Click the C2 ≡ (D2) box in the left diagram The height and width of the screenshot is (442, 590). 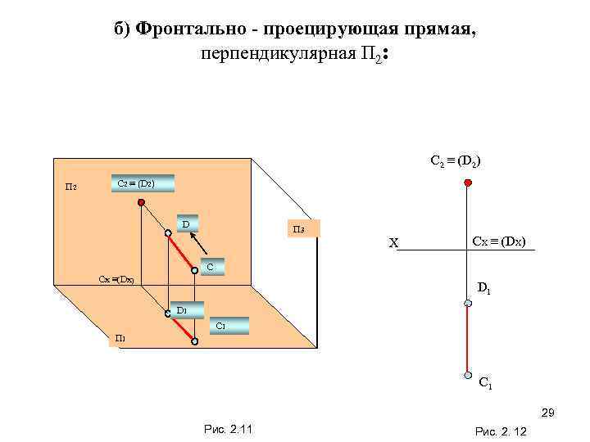(142, 183)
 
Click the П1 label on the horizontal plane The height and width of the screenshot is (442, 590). (120, 339)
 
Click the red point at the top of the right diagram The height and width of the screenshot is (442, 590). (467, 183)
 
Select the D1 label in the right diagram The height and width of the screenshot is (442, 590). (484, 287)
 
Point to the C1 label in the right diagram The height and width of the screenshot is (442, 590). (485, 381)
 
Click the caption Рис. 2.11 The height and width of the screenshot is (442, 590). (226, 430)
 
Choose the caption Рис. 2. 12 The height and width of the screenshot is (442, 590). (501, 431)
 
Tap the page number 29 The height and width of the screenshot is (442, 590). (548, 413)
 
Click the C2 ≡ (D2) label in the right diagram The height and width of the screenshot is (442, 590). (456, 160)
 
